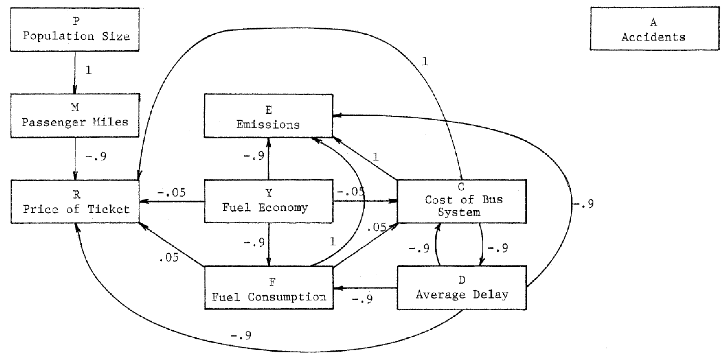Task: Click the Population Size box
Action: pyautogui.click(x=75, y=30)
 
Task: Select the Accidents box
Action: pyautogui.click(x=654, y=29)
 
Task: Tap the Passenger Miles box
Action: pyautogui.click(x=75, y=116)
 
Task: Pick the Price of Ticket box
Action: pyautogui.click(x=75, y=202)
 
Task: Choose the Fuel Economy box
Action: pyautogui.click(x=268, y=201)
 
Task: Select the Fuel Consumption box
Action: pyautogui.click(x=269, y=288)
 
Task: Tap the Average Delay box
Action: pyautogui.click(x=462, y=288)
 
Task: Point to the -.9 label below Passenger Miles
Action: pyautogui.click(x=96, y=156)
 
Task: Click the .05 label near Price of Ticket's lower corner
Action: pyautogui.click(x=169, y=257)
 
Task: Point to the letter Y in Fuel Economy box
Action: pyautogui.click(x=269, y=193)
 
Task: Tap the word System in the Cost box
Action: pyautogui.click(x=459, y=212)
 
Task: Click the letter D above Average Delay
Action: pyautogui.click(x=462, y=280)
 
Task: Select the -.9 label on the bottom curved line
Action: pyautogui.click(x=241, y=335)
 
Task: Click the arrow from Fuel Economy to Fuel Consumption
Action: pyautogui.click(x=269, y=245)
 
